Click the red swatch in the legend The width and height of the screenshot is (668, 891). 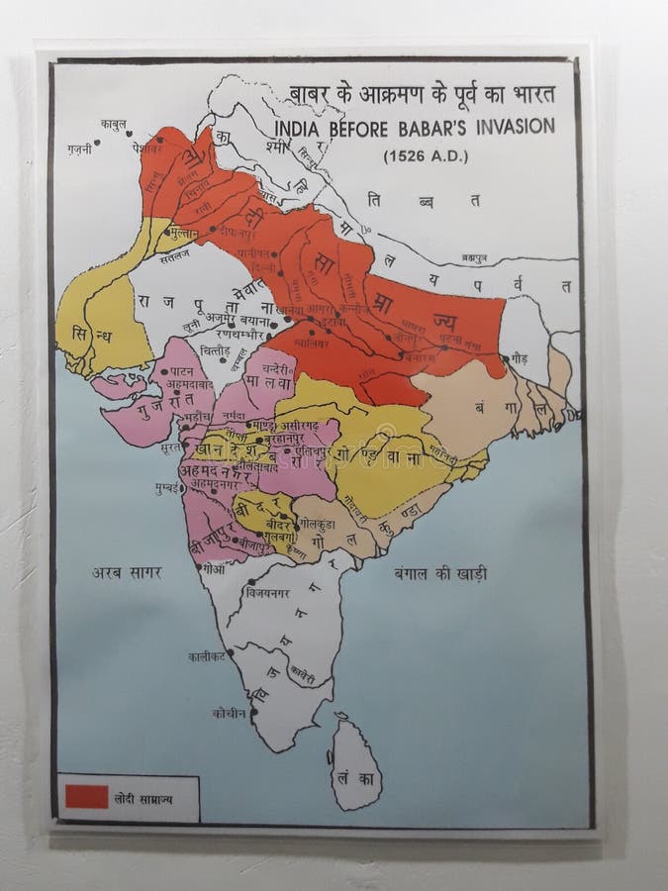[87, 795]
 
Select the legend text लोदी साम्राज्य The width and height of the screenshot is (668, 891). [142, 796]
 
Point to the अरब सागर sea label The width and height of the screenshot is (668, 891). [127, 572]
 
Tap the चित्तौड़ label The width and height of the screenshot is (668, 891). [213, 351]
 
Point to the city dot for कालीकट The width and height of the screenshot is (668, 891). [236, 655]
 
